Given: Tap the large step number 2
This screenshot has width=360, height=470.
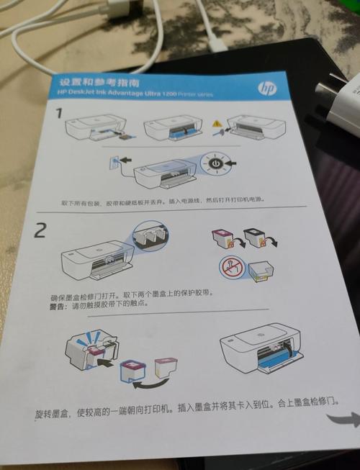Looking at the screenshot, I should [x=42, y=231].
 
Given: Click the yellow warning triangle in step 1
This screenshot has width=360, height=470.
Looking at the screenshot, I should [x=217, y=125].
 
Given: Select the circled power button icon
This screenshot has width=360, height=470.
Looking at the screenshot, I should [x=215, y=164].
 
